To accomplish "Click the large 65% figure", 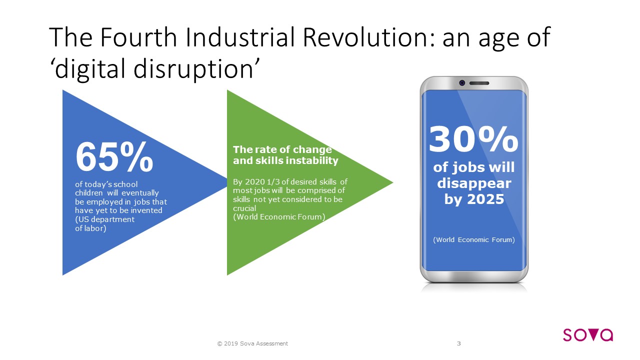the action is coord(114,157).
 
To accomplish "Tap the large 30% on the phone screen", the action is coord(473,139).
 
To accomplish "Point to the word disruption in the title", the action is coord(193,69).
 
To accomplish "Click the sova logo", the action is coord(588,335).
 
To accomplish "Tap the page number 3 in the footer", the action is coord(459,343).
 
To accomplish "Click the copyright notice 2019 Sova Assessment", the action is coord(252,343).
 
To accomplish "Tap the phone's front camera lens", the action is coord(462,83).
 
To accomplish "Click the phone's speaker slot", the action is coord(479,83).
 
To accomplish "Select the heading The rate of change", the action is coord(282,149).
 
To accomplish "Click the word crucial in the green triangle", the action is coord(244,208).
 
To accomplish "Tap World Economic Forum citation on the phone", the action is coord(474,239).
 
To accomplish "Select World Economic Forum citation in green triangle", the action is coord(279,217).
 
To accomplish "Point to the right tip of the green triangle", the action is coord(393,182).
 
